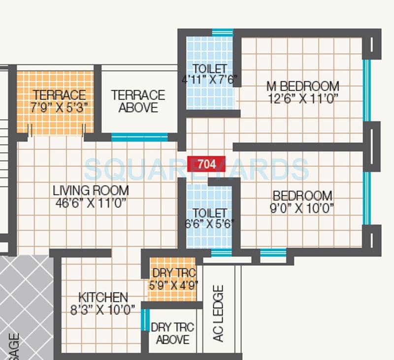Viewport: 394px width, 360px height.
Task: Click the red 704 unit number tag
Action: click(207, 164)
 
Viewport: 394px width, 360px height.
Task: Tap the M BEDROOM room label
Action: click(302, 86)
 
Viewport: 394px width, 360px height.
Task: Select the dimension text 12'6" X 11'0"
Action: click(302, 99)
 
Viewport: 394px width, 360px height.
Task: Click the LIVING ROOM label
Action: click(91, 190)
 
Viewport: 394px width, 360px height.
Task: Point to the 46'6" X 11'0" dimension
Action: click(91, 202)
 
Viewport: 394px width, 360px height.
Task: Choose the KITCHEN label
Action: click(103, 297)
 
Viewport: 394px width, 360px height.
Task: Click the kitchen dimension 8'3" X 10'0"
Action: click(103, 310)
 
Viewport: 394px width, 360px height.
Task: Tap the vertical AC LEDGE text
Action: click(218, 314)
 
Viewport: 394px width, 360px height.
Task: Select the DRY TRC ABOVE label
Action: click(172, 333)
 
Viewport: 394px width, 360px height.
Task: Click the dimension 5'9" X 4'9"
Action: click(173, 285)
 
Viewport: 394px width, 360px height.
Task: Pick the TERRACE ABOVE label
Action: click(138, 101)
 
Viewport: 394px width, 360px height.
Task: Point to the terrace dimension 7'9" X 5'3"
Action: click(59, 107)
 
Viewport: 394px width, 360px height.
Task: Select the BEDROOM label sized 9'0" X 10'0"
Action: click(302, 196)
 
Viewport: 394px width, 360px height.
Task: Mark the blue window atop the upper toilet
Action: click(223, 33)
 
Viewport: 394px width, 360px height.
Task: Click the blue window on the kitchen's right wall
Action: click(144, 320)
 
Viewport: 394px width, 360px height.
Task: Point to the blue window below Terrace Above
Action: click(139, 137)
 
